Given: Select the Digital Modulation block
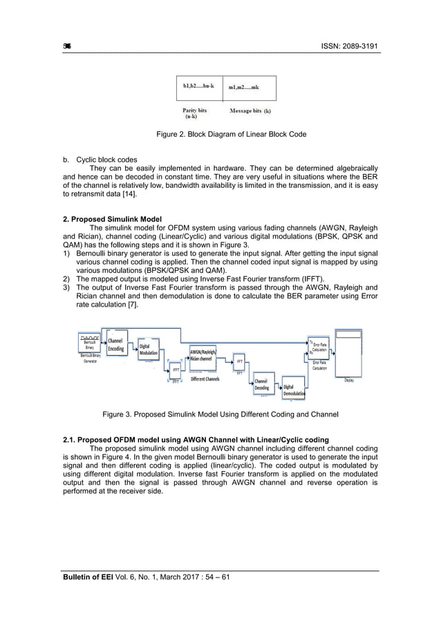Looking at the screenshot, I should coord(148,350).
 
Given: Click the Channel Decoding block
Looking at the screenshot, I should coord(262,385).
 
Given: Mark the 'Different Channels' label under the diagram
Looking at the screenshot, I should coord(205,379).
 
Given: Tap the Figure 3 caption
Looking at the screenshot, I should coord(220,414).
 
